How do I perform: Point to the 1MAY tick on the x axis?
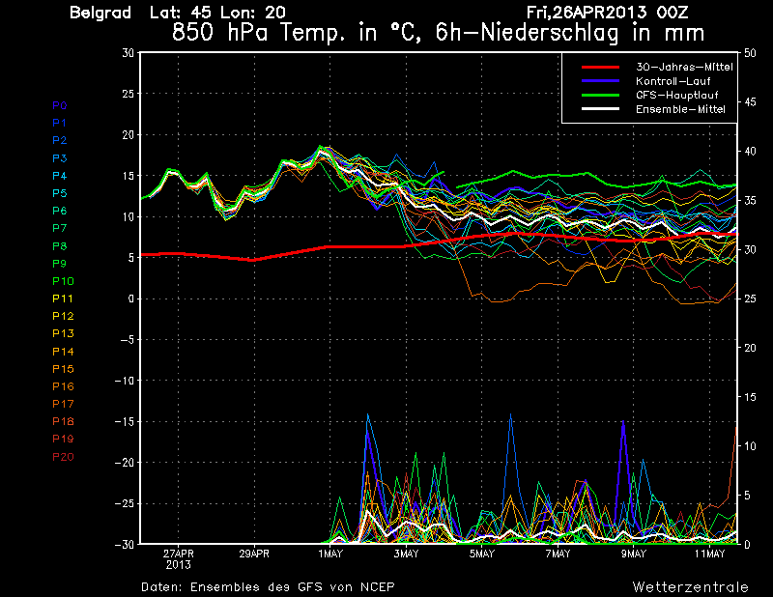(x=329, y=554)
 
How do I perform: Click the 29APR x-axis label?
(x=253, y=554)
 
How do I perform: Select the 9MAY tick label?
(x=633, y=554)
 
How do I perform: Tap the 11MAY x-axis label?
(x=709, y=554)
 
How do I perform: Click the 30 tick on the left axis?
(x=128, y=52)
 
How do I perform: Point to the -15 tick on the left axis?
(x=125, y=421)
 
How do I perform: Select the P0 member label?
(x=60, y=105)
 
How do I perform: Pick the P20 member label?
(x=63, y=456)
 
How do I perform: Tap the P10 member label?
(x=63, y=281)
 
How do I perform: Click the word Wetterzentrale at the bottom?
(x=690, y=586)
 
